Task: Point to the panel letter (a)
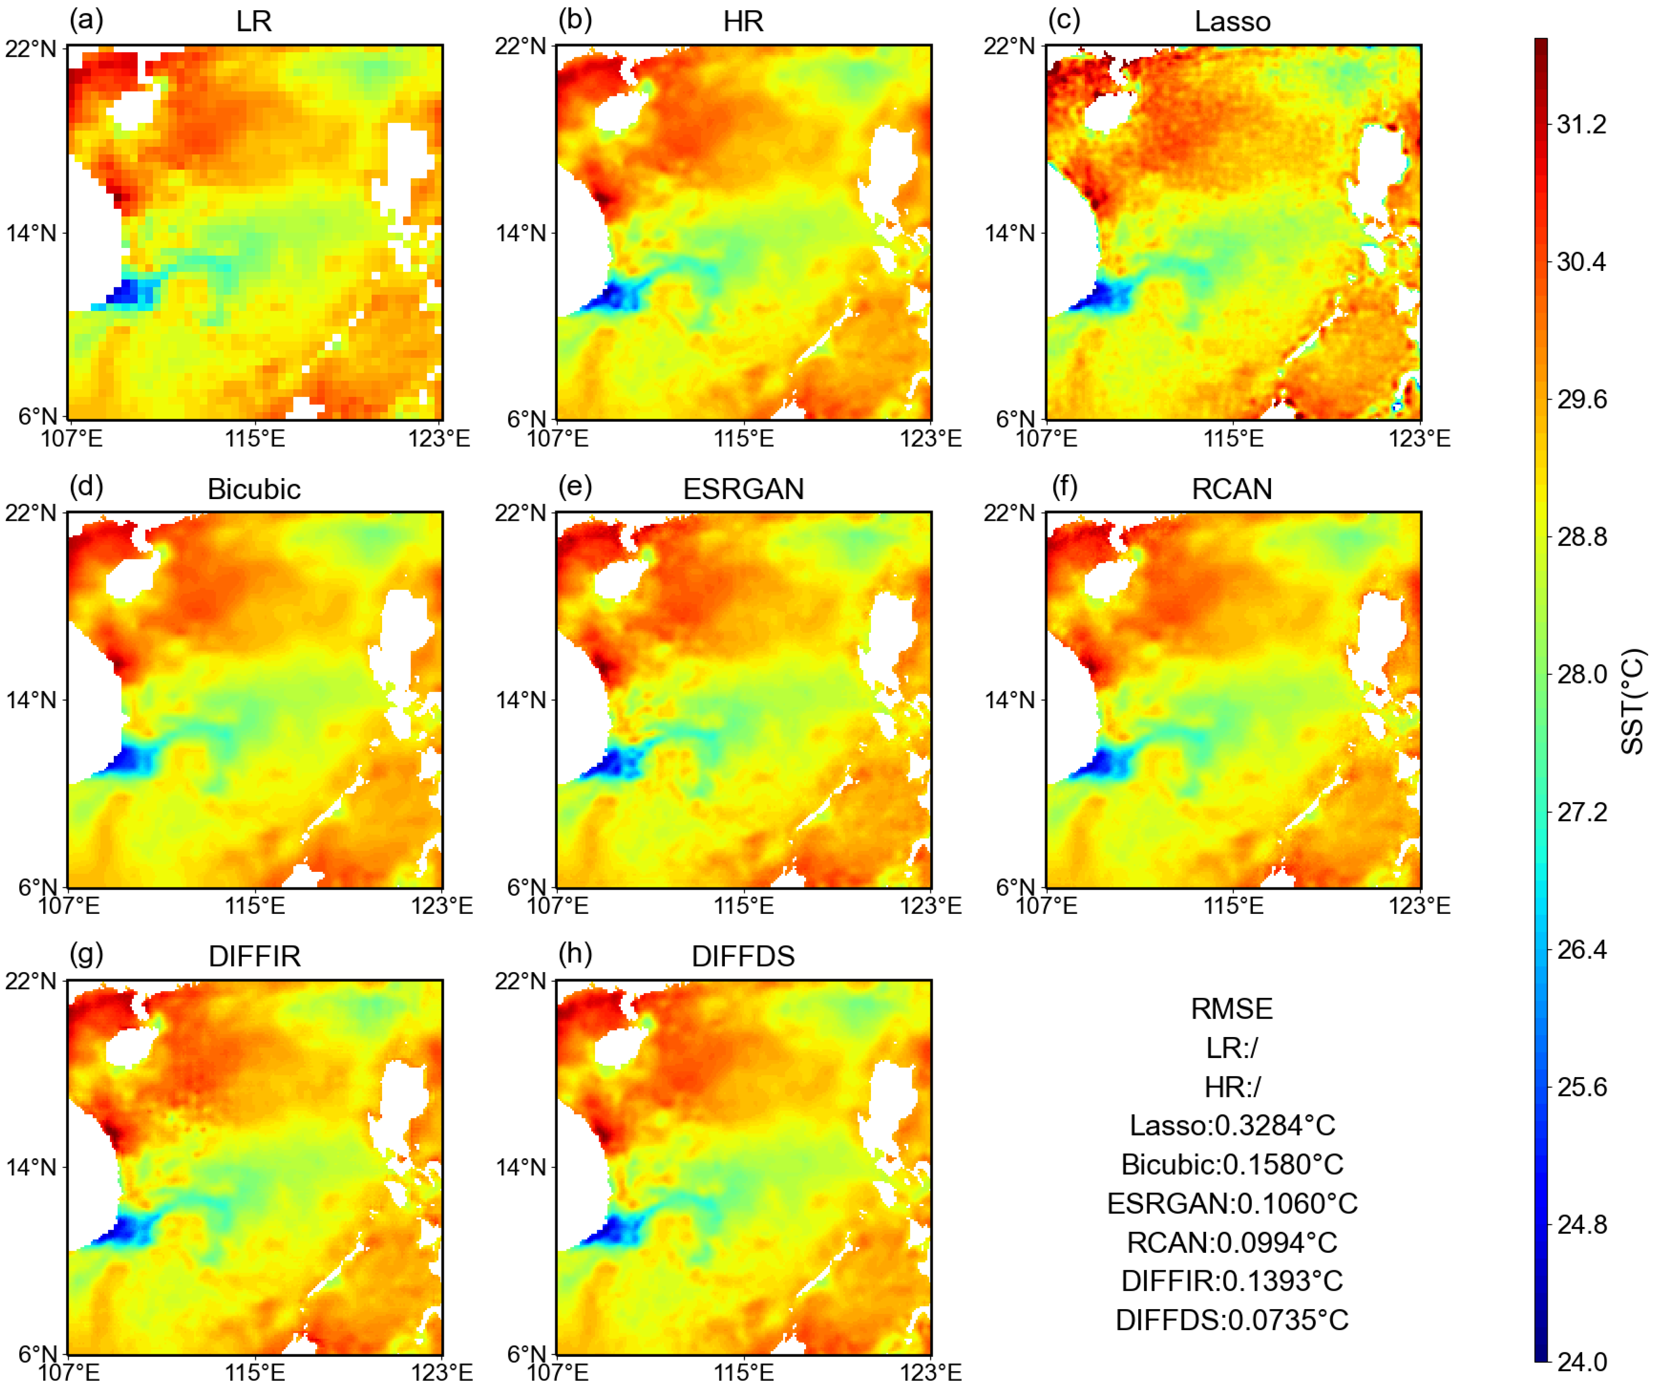point(86,19)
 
